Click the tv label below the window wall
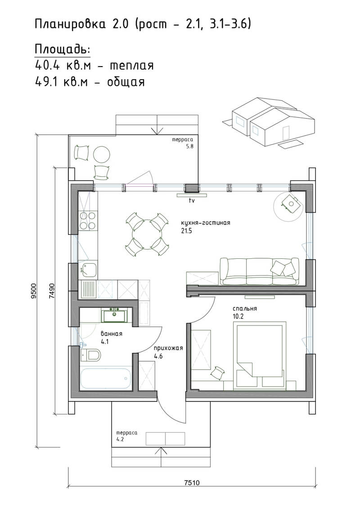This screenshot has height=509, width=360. (x=192, y=201)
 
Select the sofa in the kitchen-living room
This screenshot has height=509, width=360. (x=259, y=271)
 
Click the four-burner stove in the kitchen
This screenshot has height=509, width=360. (x=88, y=221)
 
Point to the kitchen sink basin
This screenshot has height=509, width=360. (x=88, y=270)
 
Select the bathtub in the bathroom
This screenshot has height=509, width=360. (x=105, y=378)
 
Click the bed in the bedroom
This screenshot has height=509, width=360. (x=259, y=355)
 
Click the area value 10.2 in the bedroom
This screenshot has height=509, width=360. (x=238, y=316)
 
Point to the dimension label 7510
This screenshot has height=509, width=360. (x=192, y=483)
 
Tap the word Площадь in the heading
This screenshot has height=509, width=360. (x=62, y=50)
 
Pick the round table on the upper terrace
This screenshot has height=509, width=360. (x=102, y=154)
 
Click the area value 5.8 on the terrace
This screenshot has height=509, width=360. (x=189, y=146)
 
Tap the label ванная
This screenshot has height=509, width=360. (x=111, y=333)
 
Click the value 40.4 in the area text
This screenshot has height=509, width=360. (x=48, y=66)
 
